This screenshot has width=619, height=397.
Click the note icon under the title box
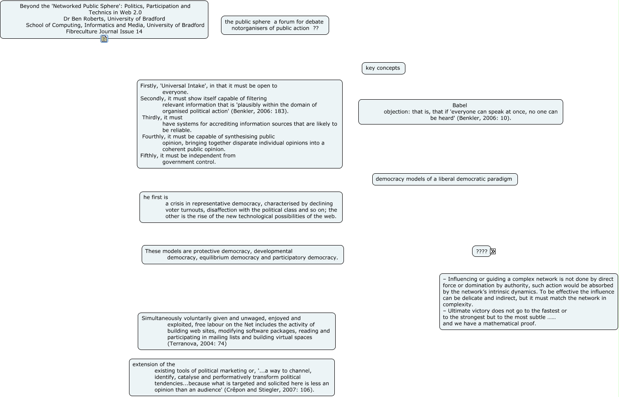(x=104, y=39)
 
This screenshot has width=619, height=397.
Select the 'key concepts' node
(x=383, y=68)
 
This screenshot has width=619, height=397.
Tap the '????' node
(x=481, y=252)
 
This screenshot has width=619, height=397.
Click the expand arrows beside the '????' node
(x=493, y=252)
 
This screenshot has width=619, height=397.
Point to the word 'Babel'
(x=459, y=105)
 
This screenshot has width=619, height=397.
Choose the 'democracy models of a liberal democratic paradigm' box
(x=445, y=179)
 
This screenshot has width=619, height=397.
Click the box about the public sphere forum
(x=275, y=25)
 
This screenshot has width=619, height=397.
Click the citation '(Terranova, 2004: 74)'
(x=197, y=344)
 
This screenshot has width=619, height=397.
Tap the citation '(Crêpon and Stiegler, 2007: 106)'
(x=269, y=390)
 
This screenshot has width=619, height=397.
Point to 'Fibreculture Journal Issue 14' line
(x=104, y=32)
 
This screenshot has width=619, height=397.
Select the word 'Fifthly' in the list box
(x=149, y=156)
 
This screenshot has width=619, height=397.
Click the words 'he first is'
(x=156, y=198)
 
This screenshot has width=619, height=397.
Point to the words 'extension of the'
(x=154, y=365)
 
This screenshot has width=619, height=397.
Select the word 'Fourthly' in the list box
(x=153, y=137)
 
